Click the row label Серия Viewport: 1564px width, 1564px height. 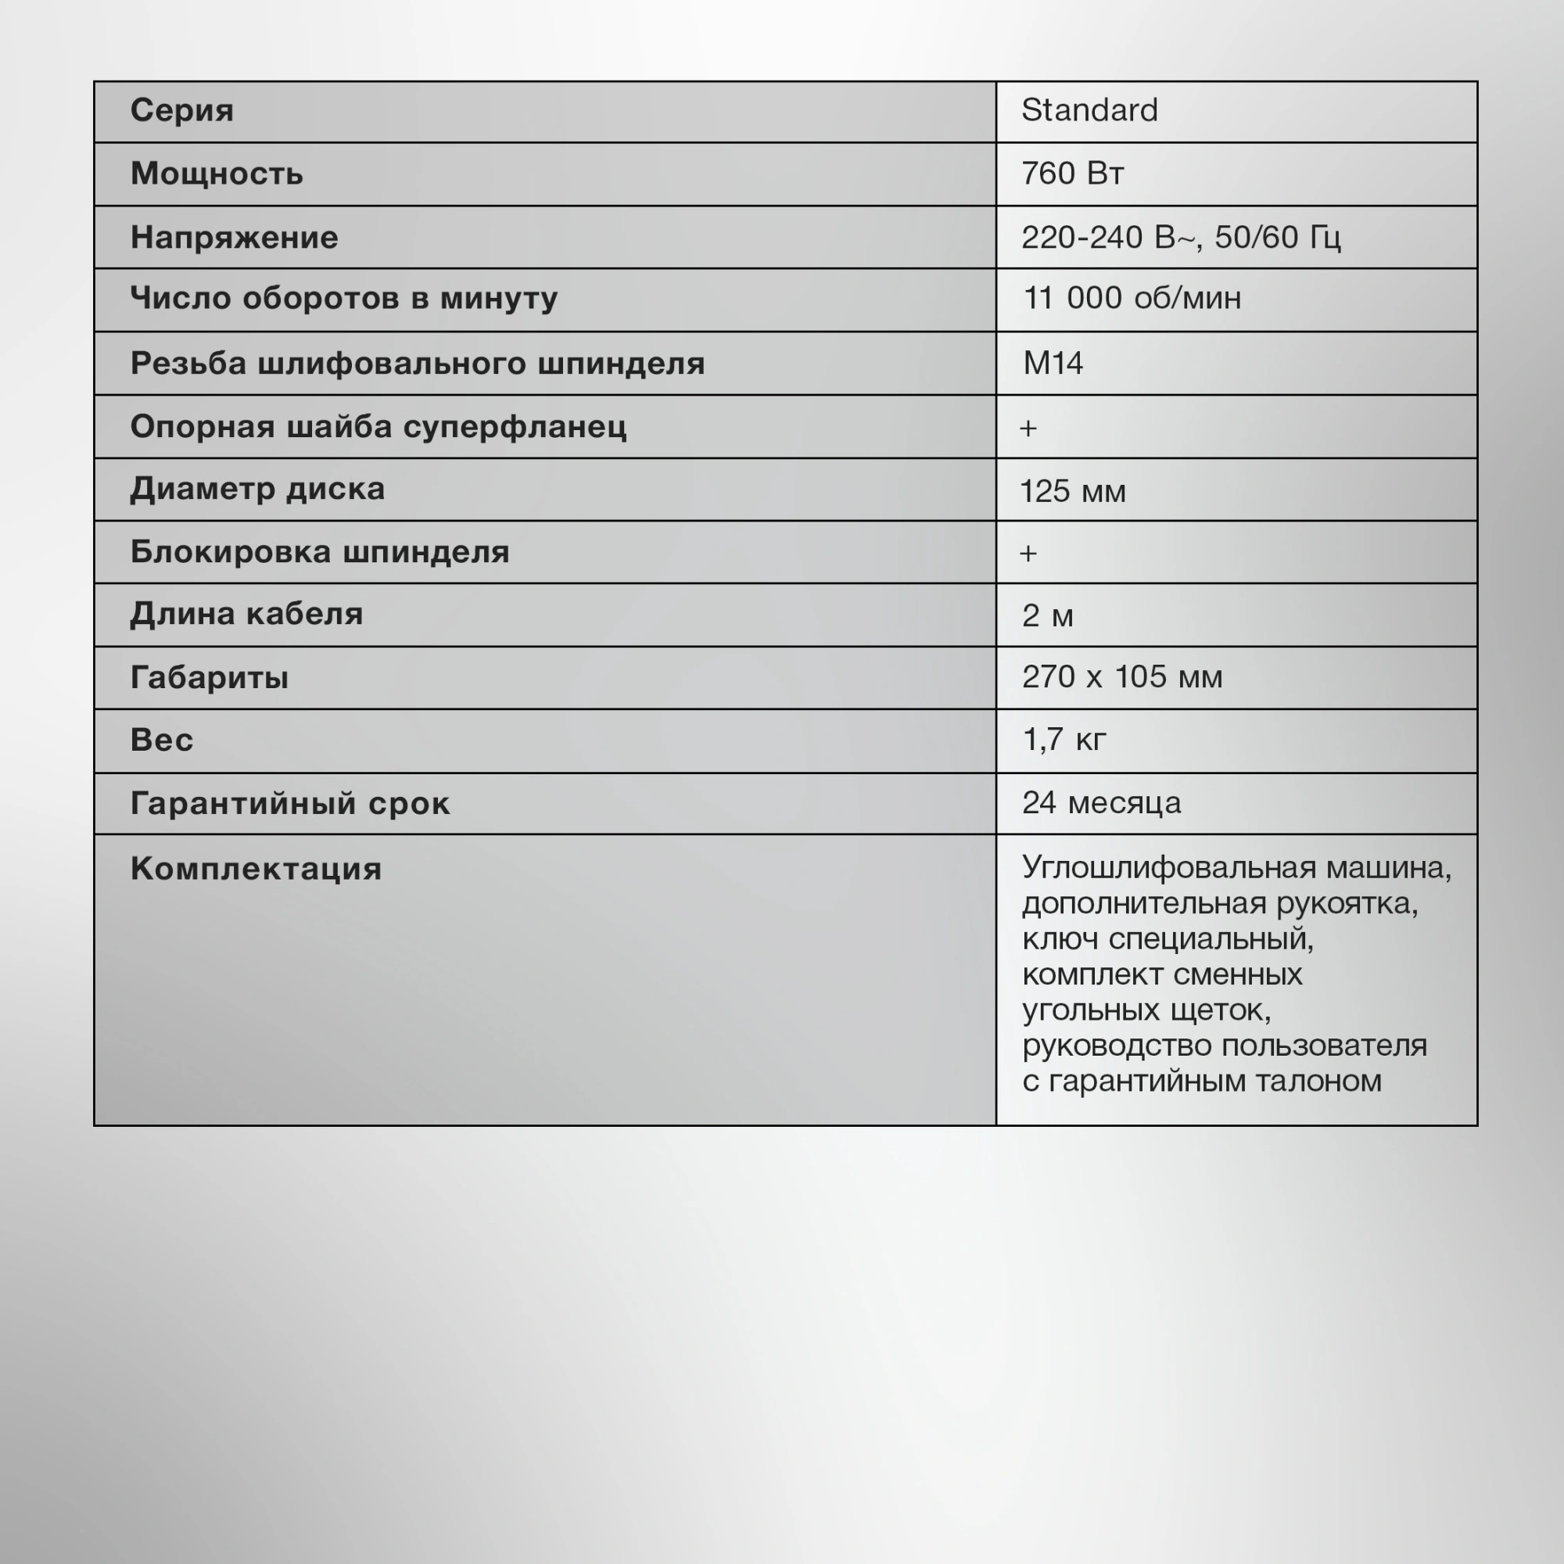[x=181, y=110]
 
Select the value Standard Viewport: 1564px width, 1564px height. [x=1089, y=110]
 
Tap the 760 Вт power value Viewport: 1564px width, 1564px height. [x=1072, y=174]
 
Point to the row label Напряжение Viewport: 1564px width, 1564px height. [x=234, y=237]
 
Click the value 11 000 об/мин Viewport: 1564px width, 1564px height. [x=1132, y=298]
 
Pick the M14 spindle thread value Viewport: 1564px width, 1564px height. [x=1053, y=363]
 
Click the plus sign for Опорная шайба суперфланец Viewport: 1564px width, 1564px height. [x=1028, y=428]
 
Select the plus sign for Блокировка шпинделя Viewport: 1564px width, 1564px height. [x=1028, y=553]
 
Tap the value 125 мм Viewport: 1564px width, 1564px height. [x=1073, y=490]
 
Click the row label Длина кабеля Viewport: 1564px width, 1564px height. [x=246, y=614]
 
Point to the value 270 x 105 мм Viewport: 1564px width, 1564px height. [x=1122, y=676]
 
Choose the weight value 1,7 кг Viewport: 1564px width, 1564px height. [x=1064, y=739]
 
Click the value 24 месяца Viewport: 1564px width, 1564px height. [x=1101, y=802]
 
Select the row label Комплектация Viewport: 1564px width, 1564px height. [x=256, y=869]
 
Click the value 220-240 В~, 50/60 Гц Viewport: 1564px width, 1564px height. [x=1180, y=237]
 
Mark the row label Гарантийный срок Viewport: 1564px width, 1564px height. [x=290, y=803]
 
